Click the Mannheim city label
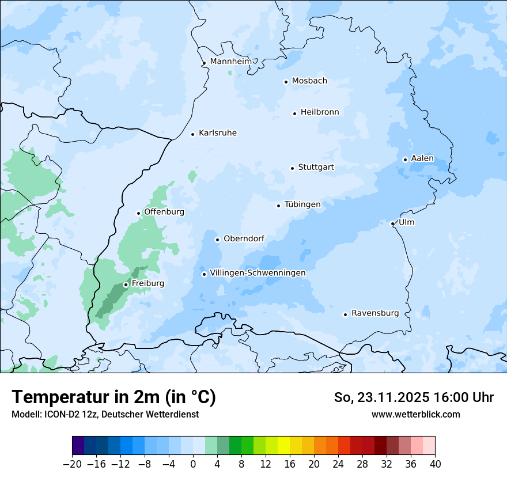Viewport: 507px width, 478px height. [x=230, y=61]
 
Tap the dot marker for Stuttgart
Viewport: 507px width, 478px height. [x=292, y=168]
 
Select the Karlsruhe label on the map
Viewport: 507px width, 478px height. [x=217, y=133]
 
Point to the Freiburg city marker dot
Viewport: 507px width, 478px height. [x=126, y=284]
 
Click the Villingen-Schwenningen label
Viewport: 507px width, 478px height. [x=258, y=273]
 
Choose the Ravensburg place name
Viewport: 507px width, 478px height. [x=374, y=313]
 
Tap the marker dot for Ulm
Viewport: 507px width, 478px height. [x=392, y=223]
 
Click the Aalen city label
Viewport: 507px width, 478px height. [x=422, y=158]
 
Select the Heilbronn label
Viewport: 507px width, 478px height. [x=320, y=112]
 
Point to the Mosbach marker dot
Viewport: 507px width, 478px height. [x=286, y=82]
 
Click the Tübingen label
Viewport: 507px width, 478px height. [x=302, y=204]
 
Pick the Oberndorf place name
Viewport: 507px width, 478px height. [x=244, y=238]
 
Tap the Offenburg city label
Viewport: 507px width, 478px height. [x=164, y=212]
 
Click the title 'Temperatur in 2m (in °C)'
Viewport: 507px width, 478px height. [x=113, y=397]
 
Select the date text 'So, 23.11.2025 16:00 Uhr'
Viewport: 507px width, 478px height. [x=414, y=397]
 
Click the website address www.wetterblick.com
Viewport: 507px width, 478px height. [x=415, y=414]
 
